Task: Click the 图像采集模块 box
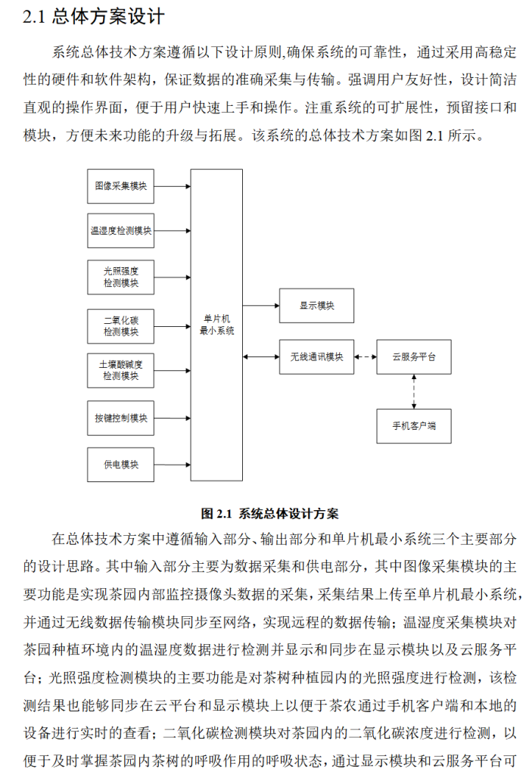tap(120, 185)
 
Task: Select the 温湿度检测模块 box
tap(120, 231)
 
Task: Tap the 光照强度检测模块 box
tap(120, 277)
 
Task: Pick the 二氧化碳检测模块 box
tap(120, 325)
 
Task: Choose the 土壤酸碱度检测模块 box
tap(120, 370)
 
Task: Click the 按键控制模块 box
tap(120, 418)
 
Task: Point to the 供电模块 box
tap(120, 464)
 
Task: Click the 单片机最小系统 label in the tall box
tap(216, 325)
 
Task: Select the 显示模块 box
tap(316, 306)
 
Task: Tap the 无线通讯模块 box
tap(316, 356)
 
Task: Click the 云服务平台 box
tap(413, 356)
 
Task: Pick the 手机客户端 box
tap(413, 426)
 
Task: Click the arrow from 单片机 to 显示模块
tap(261, 306)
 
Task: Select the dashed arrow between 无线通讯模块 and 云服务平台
tap(366, 356)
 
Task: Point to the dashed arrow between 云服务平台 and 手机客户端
tap(413, 391)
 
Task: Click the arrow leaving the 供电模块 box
tap(172, 464)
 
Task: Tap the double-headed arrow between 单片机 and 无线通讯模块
tap(261, 356)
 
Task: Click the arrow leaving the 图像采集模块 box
tap(172, 185)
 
